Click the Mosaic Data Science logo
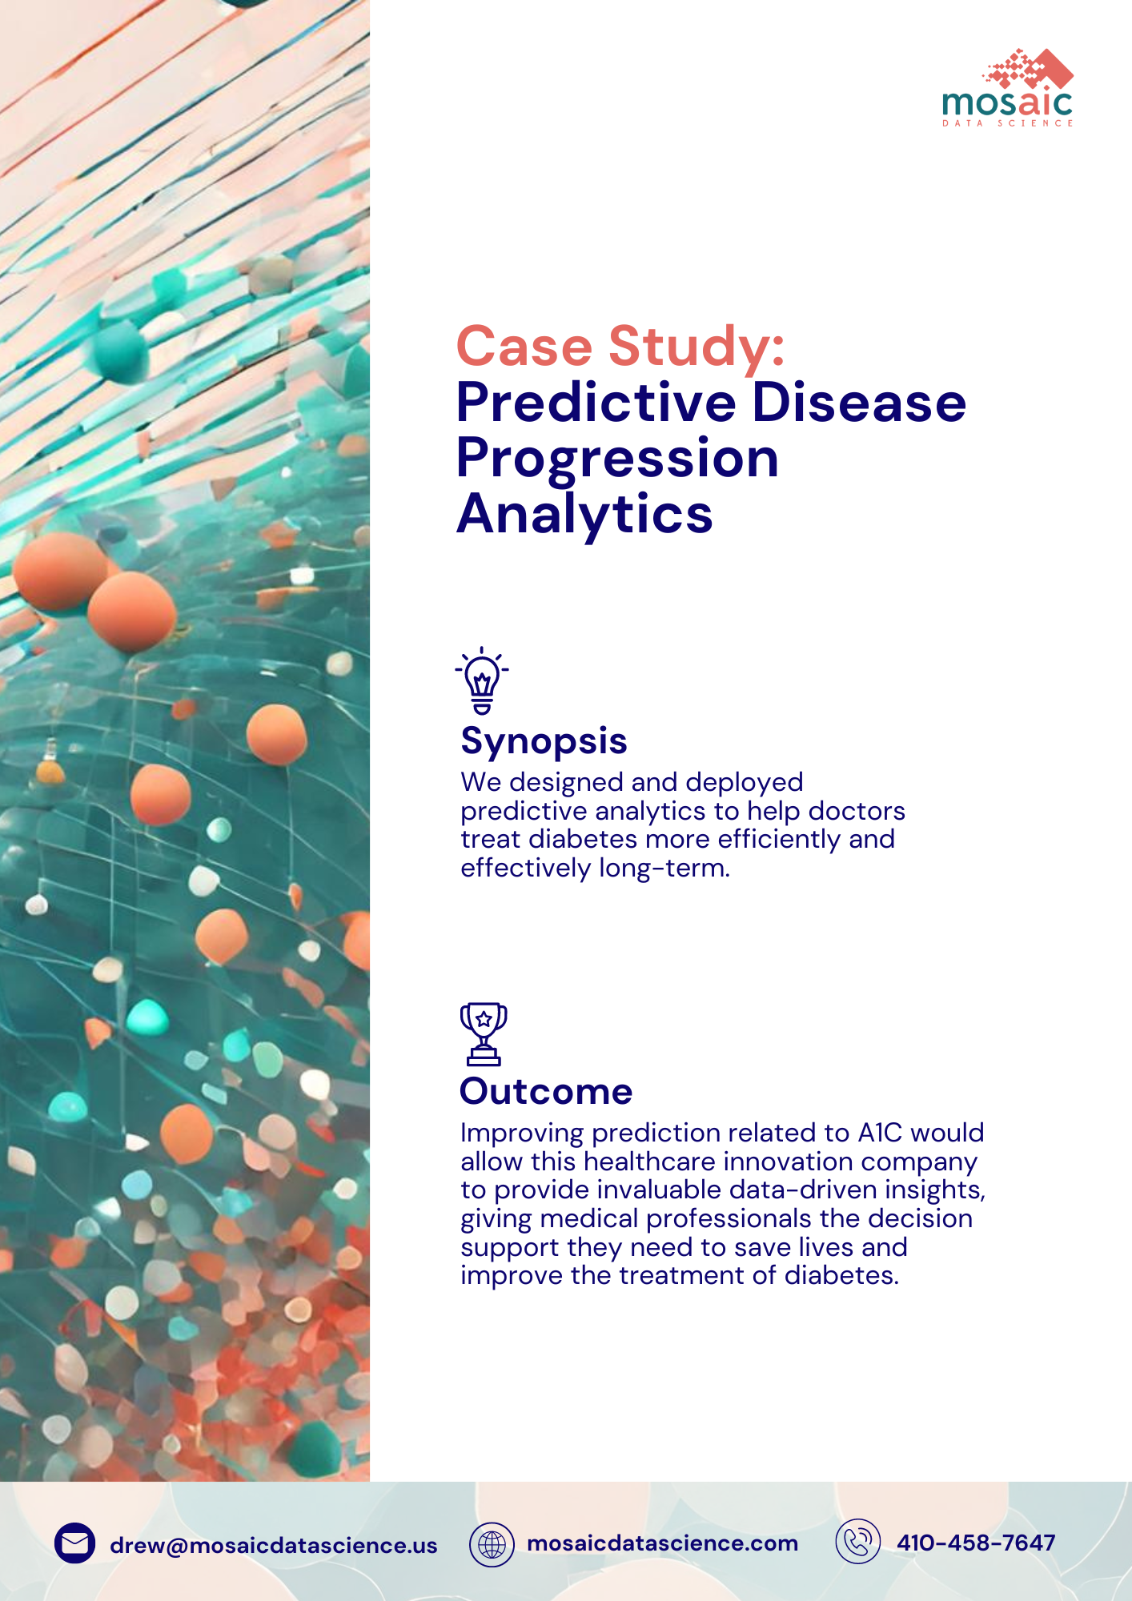tap(1008, 88)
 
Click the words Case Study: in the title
tap(620, 347)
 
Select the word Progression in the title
tap(617, 459)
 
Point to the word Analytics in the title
tap(584, 513)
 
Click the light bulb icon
tap(482, 680)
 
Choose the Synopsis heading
tap(544, 742)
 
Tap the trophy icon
tap(484, 1033)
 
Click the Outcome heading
tap(546, 1092)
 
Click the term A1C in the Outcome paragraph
tap(880, 1133)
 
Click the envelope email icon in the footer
tap(75, 1543)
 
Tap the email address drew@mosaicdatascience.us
tap(274, 1545)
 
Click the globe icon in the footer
tap(492, 1544)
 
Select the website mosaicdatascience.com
tap(663, 1543)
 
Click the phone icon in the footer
tap(858, 1542)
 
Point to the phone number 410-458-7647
tap(976, 1543)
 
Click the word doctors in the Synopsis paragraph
tap(857, 811)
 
